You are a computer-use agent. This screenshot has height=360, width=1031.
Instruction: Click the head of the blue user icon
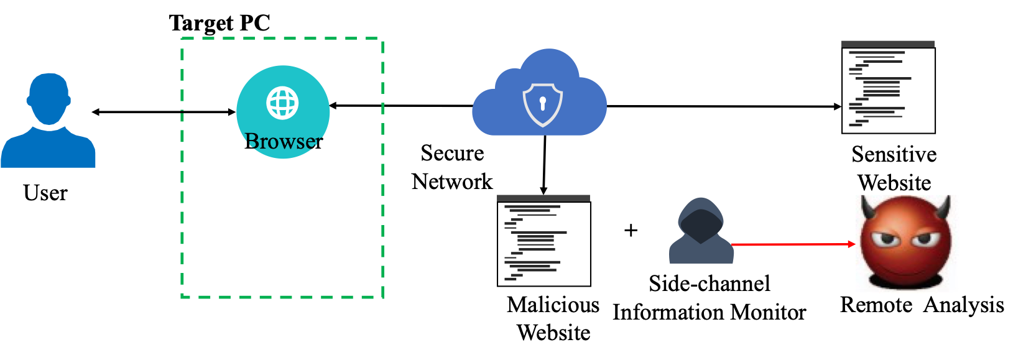49,99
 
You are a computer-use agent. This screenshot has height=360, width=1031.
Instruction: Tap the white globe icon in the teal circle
283,103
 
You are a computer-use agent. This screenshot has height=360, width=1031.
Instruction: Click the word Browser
284,141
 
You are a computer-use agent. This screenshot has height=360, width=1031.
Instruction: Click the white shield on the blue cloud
542,104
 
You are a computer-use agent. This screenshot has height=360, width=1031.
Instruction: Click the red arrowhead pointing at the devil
853,244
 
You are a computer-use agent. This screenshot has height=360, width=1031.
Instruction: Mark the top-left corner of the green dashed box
182,39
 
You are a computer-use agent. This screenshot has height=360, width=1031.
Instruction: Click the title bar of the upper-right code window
888,44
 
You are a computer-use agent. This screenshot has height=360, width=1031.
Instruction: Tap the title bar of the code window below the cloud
543,198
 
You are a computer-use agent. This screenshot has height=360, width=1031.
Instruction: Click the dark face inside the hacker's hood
701,224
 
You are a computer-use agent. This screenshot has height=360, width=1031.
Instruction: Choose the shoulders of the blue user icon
48,149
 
